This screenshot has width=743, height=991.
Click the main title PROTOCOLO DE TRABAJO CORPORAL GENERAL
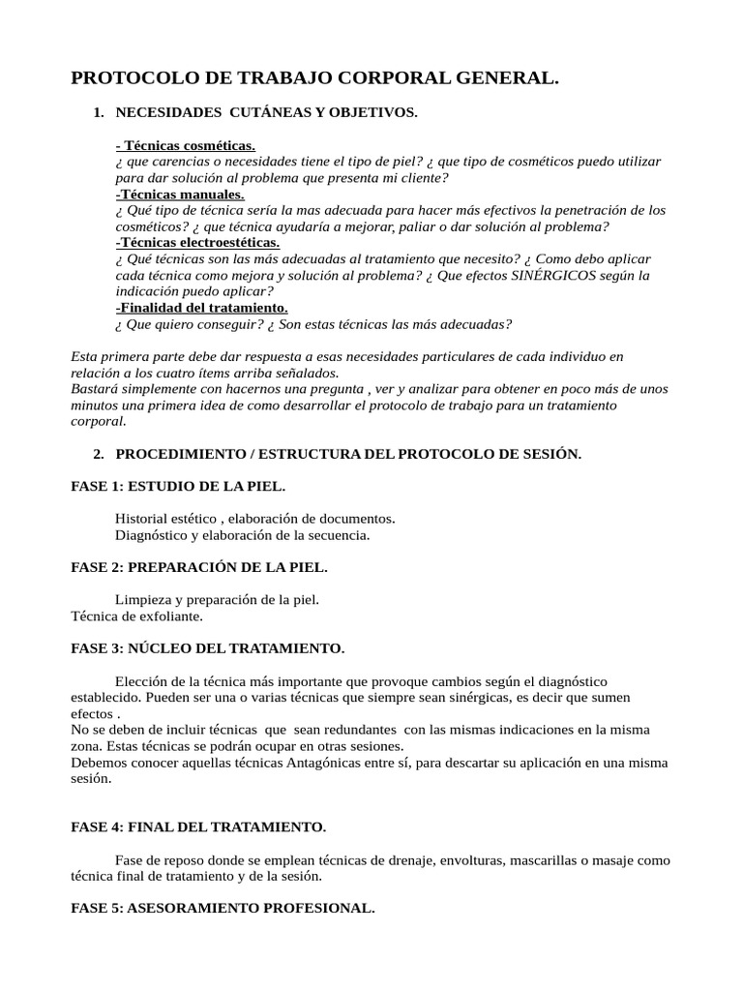(x=315, y=78)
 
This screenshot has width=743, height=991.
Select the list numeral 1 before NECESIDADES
(x=98, y=113)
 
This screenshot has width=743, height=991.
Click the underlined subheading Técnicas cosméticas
(x=186, y=145)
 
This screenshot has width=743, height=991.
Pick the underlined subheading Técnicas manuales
(x=180, y=195)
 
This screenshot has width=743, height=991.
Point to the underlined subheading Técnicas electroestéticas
(x=197, y=243)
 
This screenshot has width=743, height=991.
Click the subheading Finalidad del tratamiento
(x=201, y=308)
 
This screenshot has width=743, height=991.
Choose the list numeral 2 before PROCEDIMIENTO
(x=98, y=454)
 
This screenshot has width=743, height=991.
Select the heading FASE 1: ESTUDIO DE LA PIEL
(x=179, y=486)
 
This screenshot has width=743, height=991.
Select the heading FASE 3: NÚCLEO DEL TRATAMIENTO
(x=208, y=647)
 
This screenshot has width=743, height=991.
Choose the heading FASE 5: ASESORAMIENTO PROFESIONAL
(x=223, y=908)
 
